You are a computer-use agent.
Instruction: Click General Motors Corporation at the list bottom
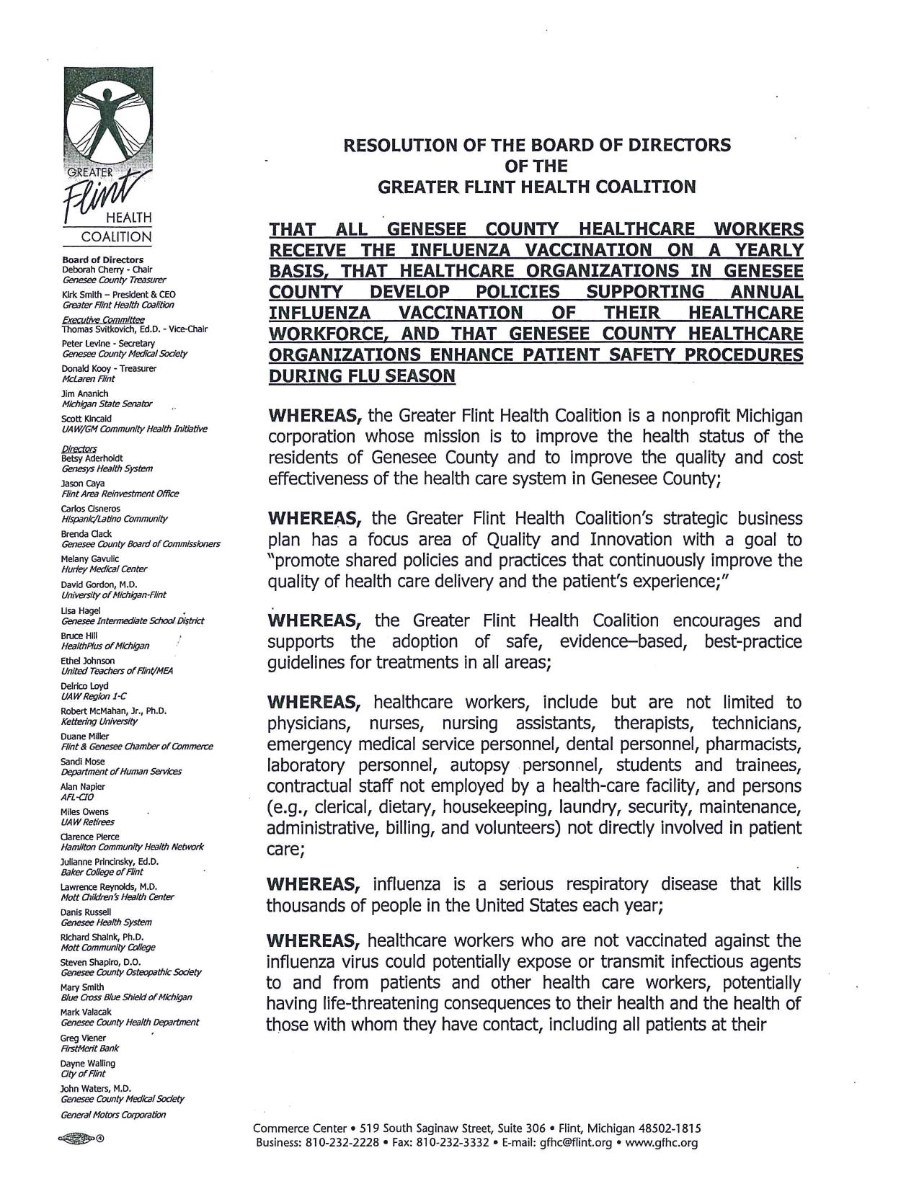point(113,1114)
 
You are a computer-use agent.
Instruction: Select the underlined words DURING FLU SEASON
point(362,376)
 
